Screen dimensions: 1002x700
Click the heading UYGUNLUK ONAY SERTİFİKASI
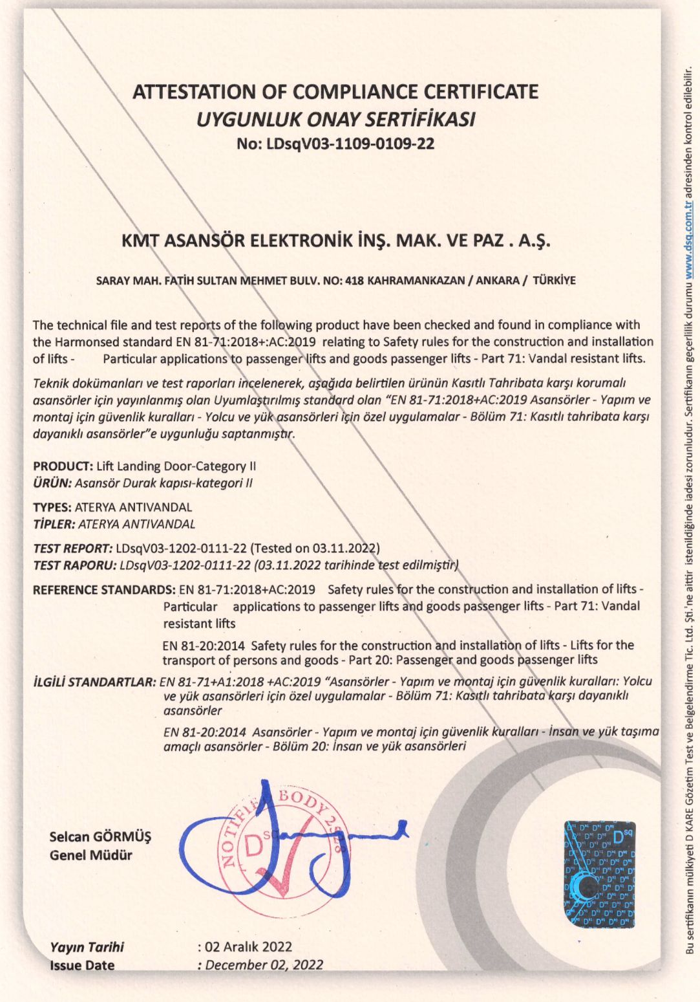[x=335, y=120]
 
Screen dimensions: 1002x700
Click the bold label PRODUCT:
[x=63, y=466]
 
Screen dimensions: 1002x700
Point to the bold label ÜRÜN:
[x=52, y=483]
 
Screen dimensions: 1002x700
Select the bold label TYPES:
[x=52, y=507]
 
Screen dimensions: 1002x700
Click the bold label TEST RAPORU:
[x=74, y=565]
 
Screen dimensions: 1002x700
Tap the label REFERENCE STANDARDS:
[x=104, y=590]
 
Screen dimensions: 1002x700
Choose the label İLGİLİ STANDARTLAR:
[x=94, y=682]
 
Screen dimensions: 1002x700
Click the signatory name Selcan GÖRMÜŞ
[x=100, y=836]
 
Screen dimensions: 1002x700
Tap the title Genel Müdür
[x=90, y=855]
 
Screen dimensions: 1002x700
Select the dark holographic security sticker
[x=599, y=873]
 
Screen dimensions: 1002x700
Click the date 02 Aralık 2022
[x=248, y=947]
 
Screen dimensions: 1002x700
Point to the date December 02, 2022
[x=264, y=965]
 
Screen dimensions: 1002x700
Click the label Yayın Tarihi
[x=87, y=947]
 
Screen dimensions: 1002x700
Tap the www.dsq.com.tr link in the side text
[x=689, y=240]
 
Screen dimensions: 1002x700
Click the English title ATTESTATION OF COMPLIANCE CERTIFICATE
[x=335, y=92]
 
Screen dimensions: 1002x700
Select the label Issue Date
[x=82, y=965]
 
